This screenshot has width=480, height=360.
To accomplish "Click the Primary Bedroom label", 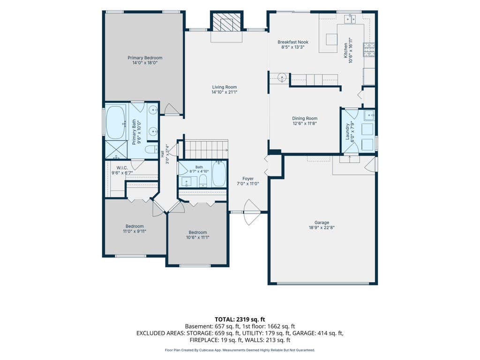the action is (145, 58).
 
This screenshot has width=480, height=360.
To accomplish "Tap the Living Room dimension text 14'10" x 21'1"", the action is (225, 92).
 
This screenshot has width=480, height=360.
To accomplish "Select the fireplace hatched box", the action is (226, 22).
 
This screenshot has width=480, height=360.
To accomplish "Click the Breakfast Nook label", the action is (293, 42).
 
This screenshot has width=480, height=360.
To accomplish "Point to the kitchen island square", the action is (331, 39).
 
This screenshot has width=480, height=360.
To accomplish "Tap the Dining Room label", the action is (305, 118).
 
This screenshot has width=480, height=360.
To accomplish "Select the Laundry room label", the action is (347, 132).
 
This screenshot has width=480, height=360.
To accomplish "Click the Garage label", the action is (322, 223).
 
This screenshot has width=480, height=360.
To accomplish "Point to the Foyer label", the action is (248, 179).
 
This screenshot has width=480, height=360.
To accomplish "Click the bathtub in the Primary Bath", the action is (115, 122).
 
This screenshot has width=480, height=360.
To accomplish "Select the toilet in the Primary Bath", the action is (151, 150).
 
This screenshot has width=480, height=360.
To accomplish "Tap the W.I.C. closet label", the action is (122, 168).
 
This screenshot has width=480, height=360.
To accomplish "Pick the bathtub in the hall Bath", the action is (219, 173).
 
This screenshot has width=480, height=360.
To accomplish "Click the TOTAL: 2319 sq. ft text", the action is (240, 320).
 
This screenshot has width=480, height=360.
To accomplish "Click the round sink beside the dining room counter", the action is (282, 77).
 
